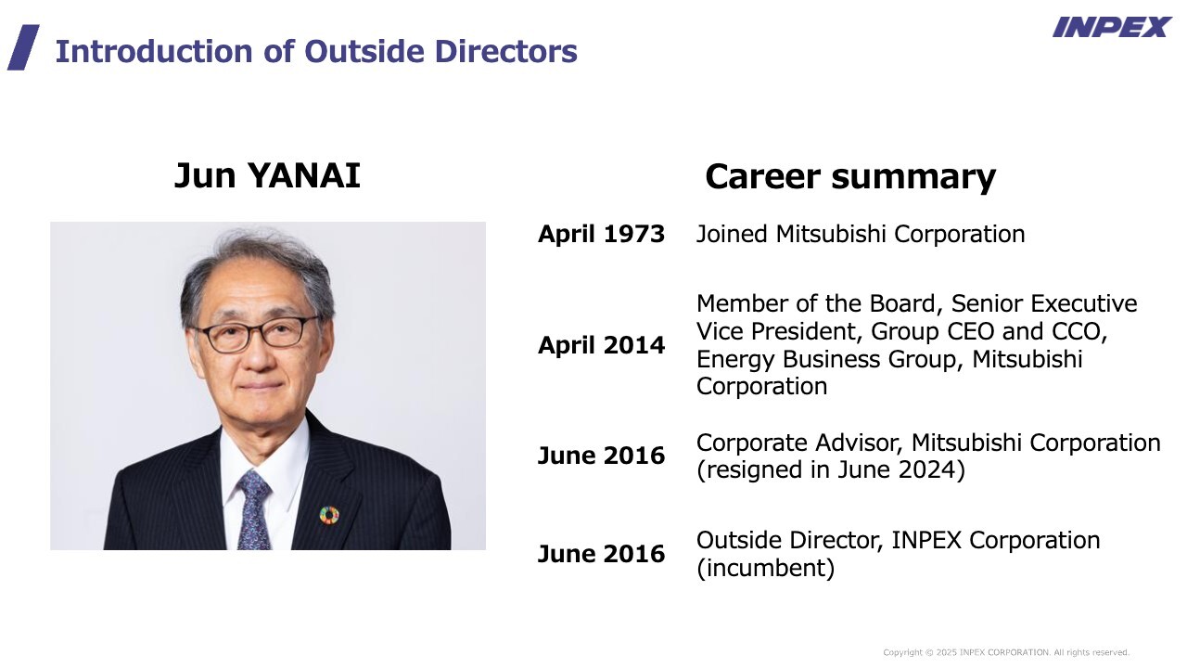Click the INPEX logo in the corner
(1112, 28)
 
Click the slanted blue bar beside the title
(23, 47)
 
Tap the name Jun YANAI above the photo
(267, 175)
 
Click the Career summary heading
(850, 176)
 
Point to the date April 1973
(602, 234)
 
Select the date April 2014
(602, 345)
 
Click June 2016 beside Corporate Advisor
(602, 456)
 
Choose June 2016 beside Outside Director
(602, 554)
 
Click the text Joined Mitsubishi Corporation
(861, 235)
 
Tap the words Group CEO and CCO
(989, 331)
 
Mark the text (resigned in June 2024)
(830, 469)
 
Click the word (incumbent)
(766, 568)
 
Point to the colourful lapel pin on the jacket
(329, 515)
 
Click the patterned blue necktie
(254, 510)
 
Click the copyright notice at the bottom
(1006, 652)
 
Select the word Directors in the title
(506, 51)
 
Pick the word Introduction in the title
(154, 51)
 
